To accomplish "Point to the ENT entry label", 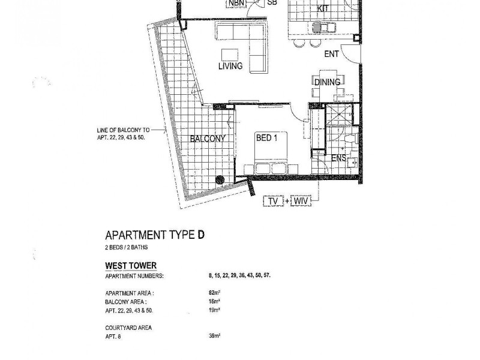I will (x=332, y=54).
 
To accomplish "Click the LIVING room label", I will (x=230, y=66).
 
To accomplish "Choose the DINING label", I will (x=327, y=82).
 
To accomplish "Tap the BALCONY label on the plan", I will (x=208, y=138).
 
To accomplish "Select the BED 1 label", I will (x=267, y=137).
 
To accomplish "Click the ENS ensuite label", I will (x=340, y=159).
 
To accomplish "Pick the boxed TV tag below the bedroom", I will (x=274, y=202).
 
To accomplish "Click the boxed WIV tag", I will (x=301, y=202).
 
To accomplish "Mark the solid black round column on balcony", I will (x=221, y=179).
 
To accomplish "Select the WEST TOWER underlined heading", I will (x=131, y=265).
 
